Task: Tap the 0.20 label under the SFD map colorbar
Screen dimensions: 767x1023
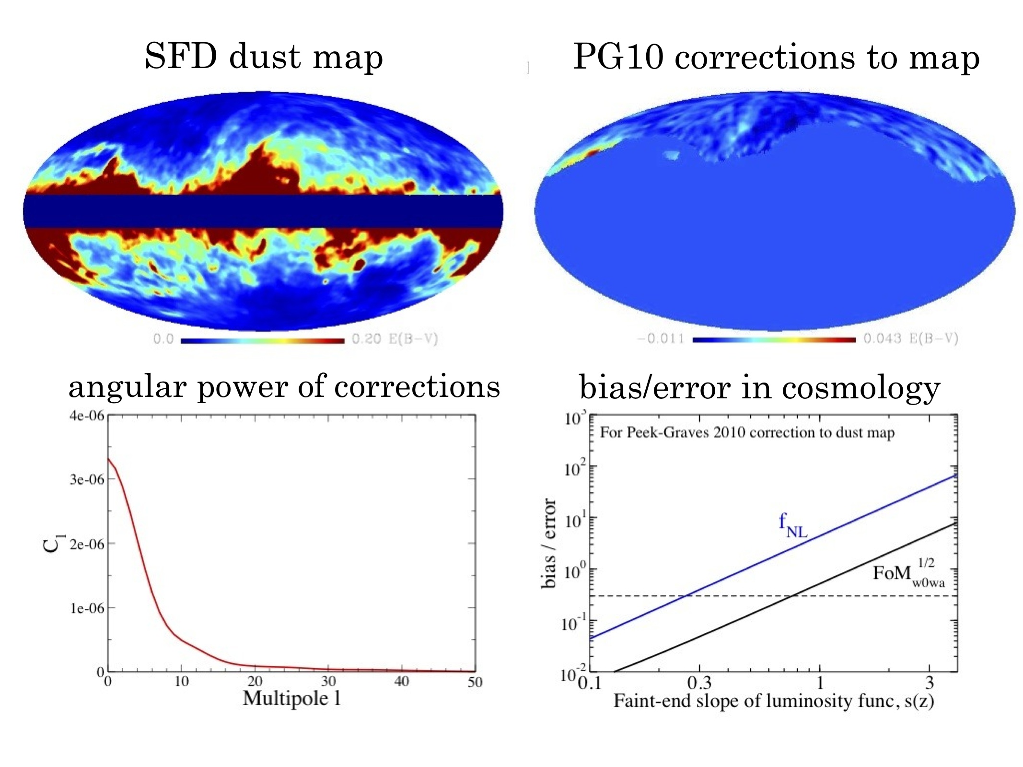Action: [x=366, y=339]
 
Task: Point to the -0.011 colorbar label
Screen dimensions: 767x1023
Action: [x=661, y=339]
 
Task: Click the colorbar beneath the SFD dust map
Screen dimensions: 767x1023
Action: [x=262, y=341]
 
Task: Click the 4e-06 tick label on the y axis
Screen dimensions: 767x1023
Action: [x=86, y=416]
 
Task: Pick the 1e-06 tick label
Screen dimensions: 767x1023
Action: [x=87, y=608]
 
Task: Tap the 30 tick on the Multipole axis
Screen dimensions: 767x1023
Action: [x=328, y=681]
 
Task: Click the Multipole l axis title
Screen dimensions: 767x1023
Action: [x=291, y=698]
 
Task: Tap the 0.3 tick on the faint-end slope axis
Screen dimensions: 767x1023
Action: [x=699, y=683]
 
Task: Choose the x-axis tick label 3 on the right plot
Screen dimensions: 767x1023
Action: [x=930, y=682]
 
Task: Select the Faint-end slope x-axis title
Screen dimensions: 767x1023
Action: [x=773, y=701]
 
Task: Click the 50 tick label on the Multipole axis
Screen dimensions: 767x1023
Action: [x=475, y=681]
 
